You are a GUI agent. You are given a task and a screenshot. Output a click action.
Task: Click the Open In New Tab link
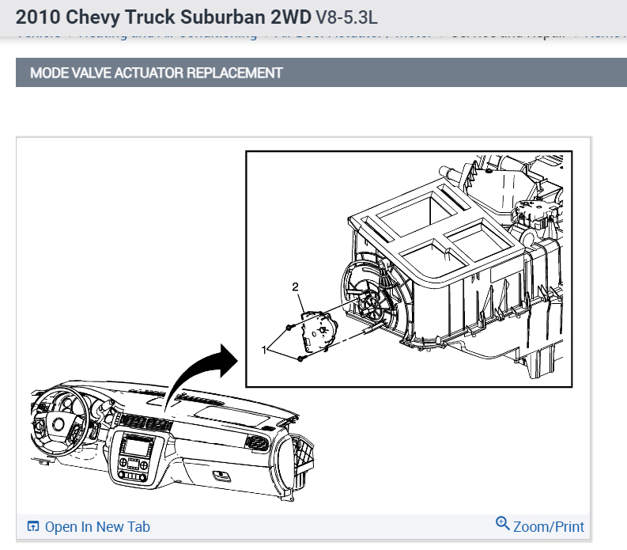click(96, 527)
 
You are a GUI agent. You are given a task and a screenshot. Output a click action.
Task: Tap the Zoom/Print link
click(548, 527)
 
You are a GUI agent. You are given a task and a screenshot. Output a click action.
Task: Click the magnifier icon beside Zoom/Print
click(502, 525)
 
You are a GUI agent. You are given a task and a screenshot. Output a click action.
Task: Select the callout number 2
click(296, 287)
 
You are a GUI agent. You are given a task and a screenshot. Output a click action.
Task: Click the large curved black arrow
click(198, 372)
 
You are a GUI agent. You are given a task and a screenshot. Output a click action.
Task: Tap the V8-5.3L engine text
click(346, 16)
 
